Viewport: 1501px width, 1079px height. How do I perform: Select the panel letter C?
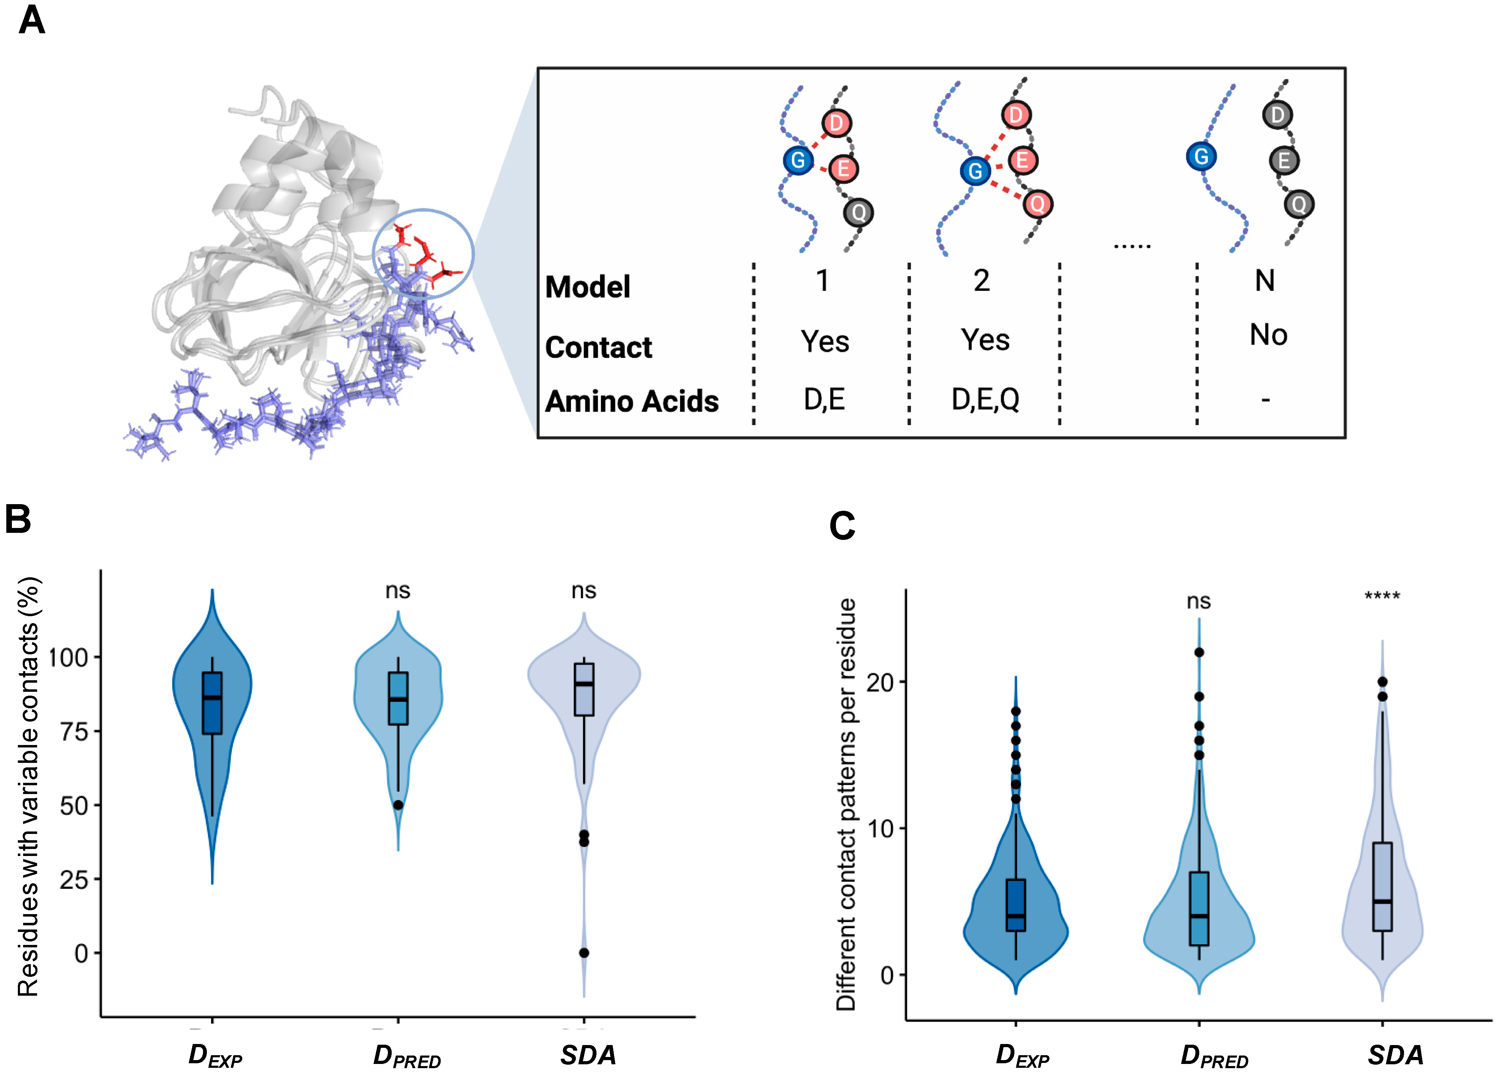[842, 526]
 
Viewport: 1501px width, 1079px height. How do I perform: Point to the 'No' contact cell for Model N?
[1268, 335]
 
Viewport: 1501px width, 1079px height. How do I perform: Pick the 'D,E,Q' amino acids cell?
[985, 399]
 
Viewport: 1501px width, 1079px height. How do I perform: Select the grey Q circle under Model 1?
[858, 213]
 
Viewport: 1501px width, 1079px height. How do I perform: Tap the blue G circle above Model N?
[1201, 157]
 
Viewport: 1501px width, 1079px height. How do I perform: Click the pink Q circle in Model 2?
[1037, 204]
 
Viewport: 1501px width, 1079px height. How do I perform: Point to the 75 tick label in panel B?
[74, 732]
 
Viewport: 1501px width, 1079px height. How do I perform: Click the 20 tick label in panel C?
[880, 682]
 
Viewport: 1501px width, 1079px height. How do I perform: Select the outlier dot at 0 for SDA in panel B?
[584, 953]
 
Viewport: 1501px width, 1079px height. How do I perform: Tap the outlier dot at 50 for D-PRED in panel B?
[398, 805]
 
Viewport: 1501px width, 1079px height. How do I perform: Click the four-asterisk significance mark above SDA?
[1382, 597]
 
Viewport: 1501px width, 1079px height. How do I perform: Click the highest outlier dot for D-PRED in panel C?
[1199, 652]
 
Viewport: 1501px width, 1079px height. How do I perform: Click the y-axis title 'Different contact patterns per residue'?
[846, 804]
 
